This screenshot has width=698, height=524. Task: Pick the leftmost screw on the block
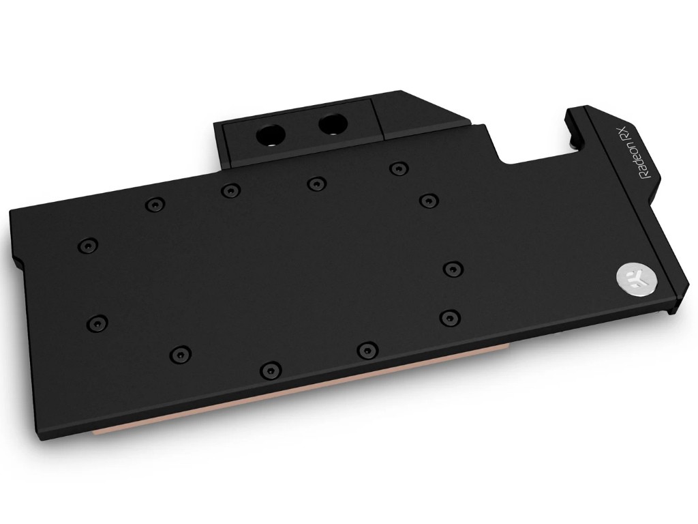pos(88,245)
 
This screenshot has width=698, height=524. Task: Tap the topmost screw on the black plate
pos(399,169)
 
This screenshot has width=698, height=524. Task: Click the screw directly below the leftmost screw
pos(97,322)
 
